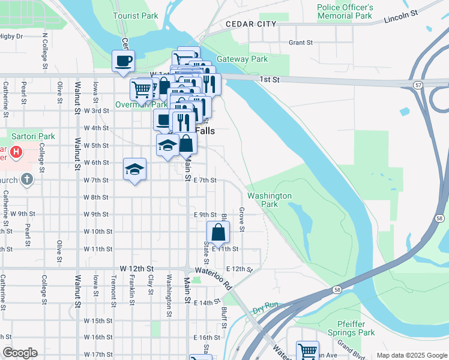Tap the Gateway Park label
pyautogui.click(x=242, y=59)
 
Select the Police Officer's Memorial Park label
pyautogui.click(x=345, y=11)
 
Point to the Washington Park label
pyautogui.click(x=270, y=200)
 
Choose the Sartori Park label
pyautogui.click(x=31, y=136)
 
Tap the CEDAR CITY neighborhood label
pyautogui.click(x=251, y=24)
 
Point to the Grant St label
pyautogui.click(x=301, y=43)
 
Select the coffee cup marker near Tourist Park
pyautogui.click(x=123, y=61)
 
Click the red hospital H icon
pyautogui.click(x=16, y=153)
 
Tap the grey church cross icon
pyautogui.click(x=26, y=179)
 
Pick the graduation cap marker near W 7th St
pyautogui.click(x=134, y=169)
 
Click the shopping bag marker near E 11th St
pyautogui.click(x=218, y=232)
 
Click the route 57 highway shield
pyautogui.click(x=418, y=86)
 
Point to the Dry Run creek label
pyautogui.click(x=265, y=305)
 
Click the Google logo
pyautogui.click(x=20, y=353)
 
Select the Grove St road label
pyautogui.click(x=241, y=220)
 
